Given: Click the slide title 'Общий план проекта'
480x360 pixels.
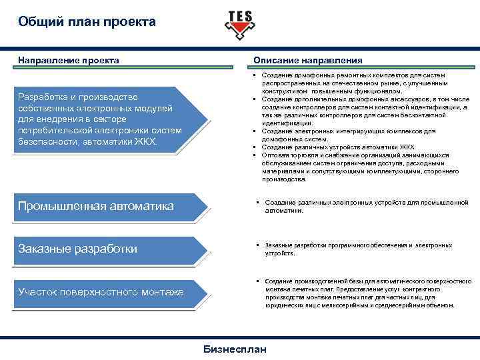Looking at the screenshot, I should click(87, 22).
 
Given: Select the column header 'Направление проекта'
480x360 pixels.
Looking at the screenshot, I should click(69, 61).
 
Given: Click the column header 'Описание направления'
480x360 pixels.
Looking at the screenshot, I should click(308, 61).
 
